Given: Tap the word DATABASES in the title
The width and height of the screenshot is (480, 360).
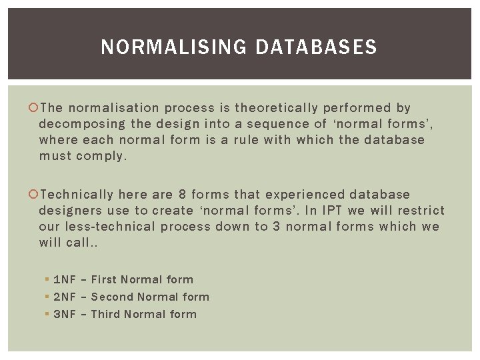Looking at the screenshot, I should pyautogui.click(x=316, y=47).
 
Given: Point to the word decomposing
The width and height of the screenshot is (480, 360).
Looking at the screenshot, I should pyautogui.click(x=82, y=124).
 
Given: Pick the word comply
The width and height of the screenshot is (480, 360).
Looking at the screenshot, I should pyautogui.click(x=102, y=156).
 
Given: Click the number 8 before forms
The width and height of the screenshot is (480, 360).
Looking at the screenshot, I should pyautogui.click(x=182, y=195).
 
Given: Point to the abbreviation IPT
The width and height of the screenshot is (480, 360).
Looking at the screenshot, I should pyautogui.click(x=332, y=211).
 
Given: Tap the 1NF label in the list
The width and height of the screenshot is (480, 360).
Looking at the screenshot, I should pyautogui.click(x=65, y=280).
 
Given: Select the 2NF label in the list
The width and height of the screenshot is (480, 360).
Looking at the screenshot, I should pyautogui.click(x=65, y=297).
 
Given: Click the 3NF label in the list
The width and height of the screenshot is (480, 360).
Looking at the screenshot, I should pyautogui.click(x=65, y=315).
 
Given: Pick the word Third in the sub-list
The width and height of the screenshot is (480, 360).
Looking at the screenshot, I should pyautogui.click(x=105, y=315).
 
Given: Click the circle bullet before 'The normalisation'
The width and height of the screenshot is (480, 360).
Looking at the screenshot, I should pyautogui.click(x=35, y=108).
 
